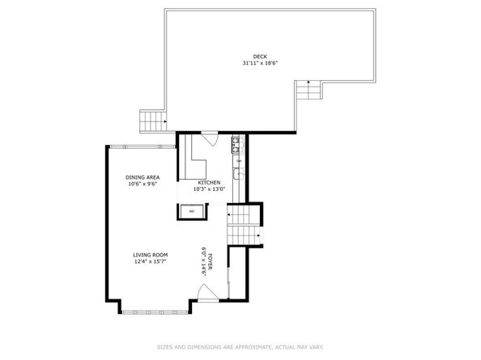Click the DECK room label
[260, 57]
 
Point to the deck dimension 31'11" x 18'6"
[260, 63]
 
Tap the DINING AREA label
[143, 177]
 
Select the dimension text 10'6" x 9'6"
[143, 184]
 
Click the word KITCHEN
[209, 183]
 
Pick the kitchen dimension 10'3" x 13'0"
[209, 189]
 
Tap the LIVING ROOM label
[151, 255]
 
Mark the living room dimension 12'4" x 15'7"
[151, 261]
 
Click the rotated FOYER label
[211, 262]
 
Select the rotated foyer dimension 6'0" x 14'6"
[204, 261]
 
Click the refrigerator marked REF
[192, 211]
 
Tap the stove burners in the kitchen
[236, 145]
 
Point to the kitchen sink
[237, 174]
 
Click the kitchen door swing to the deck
[210, 138]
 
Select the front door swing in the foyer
[207, 293]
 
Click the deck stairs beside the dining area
[153, 121]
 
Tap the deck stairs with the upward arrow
[309, 90]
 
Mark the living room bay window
[155, 312]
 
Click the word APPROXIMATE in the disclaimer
[253, 347]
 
